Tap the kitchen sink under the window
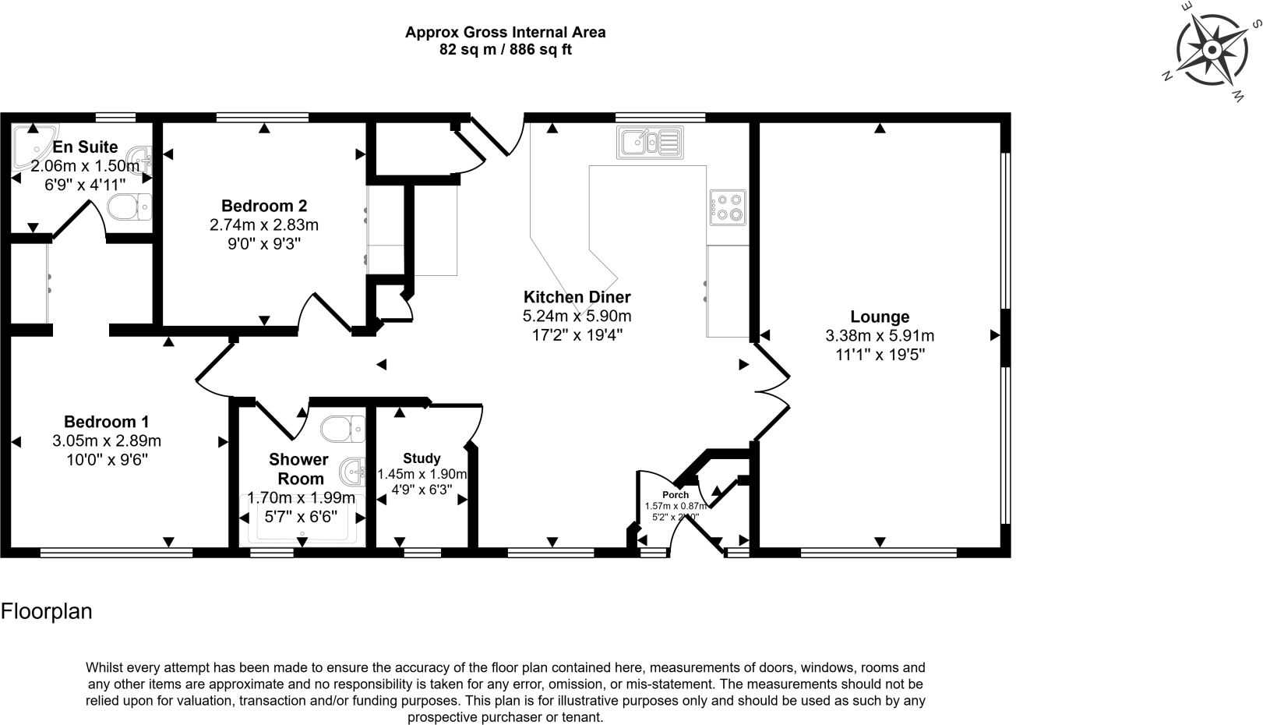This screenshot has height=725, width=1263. pos(650,143)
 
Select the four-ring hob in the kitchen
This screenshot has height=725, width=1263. pos(727,207)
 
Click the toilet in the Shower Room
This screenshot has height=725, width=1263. pos(343,428)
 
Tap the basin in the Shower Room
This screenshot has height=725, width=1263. pos(353,471)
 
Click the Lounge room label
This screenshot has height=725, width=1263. pos(880,317)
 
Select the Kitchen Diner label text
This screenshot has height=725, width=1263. pos(577,297)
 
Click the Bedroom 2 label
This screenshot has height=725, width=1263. pos(264,206)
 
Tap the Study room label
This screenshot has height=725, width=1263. pos(422,458)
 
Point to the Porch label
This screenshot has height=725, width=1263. pos(676,495)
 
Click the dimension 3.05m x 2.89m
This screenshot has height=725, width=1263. pos(107,440)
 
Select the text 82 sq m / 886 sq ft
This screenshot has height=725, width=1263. pos(506,50)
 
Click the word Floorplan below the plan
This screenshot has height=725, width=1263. pos(47,611)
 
